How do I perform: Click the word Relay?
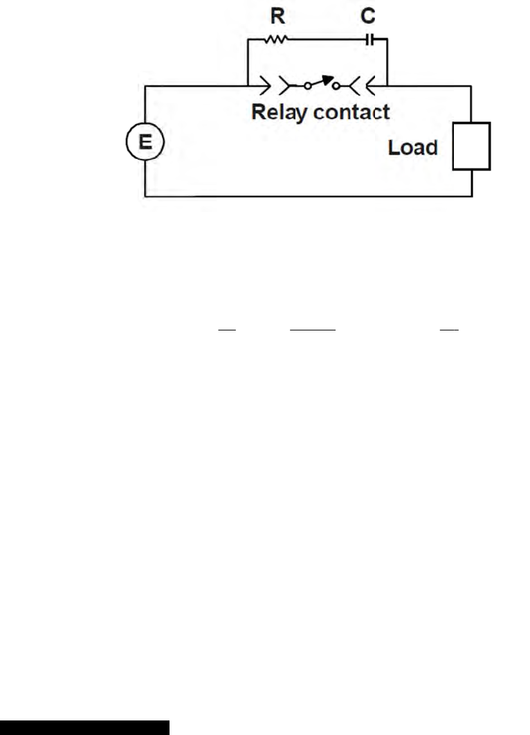283,112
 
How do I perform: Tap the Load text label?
413,147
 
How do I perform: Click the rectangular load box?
471,146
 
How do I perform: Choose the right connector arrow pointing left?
372,87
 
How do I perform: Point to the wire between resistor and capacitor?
325,40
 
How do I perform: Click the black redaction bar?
84,727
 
